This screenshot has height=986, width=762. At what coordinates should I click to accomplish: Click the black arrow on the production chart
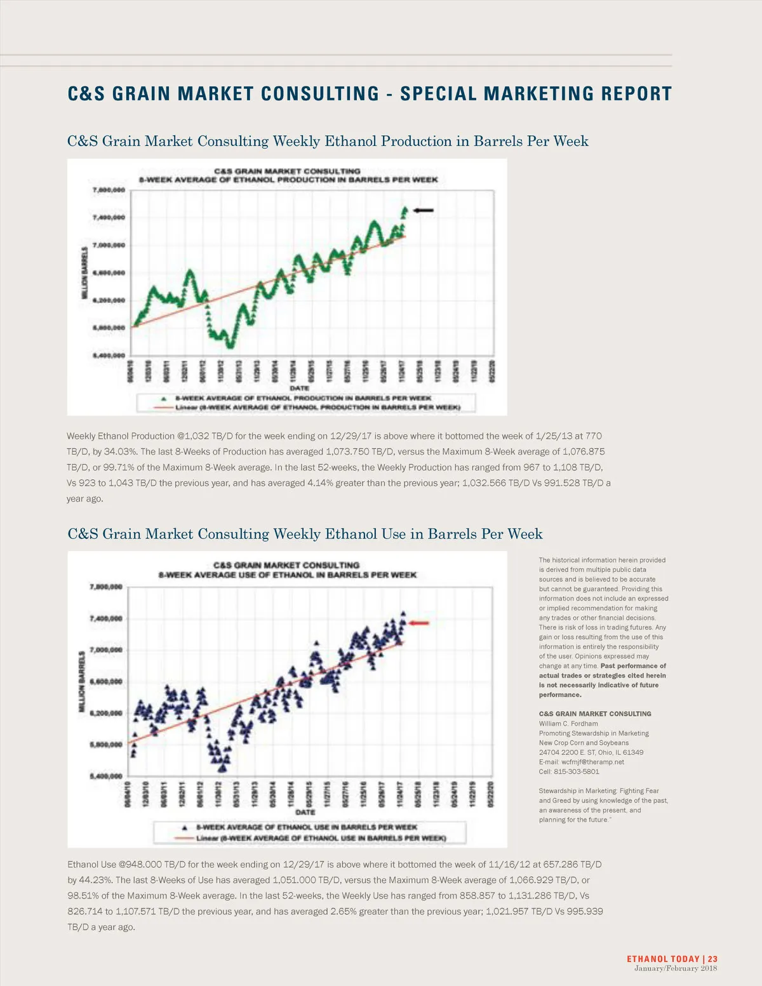[x=424, y=210]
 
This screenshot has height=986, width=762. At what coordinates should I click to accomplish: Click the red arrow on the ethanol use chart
[x=419, y=623]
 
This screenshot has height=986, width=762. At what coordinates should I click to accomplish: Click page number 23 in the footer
[x=712, y=959]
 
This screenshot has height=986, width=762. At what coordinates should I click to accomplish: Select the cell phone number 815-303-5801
[x=577, y=771]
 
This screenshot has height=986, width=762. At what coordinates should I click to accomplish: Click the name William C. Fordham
[x=568, y=723]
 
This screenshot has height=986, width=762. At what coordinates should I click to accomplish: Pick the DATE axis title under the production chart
[x=299, y=388]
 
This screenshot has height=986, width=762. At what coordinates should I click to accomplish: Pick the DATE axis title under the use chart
[x=305, y=812]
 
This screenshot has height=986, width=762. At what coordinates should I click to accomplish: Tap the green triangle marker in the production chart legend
[x=164, y=398]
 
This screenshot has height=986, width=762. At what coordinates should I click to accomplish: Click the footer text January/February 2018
[x=676, y=968]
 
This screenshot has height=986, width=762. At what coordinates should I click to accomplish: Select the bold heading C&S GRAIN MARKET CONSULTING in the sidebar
[x=595, y=714]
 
